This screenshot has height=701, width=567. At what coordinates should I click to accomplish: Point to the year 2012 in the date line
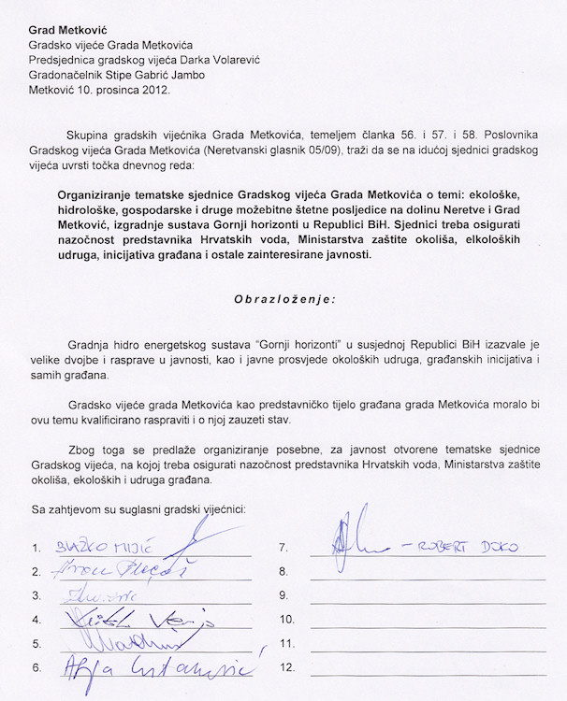pos(153,92)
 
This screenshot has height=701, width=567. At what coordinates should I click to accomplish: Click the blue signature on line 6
pos(150,666)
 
